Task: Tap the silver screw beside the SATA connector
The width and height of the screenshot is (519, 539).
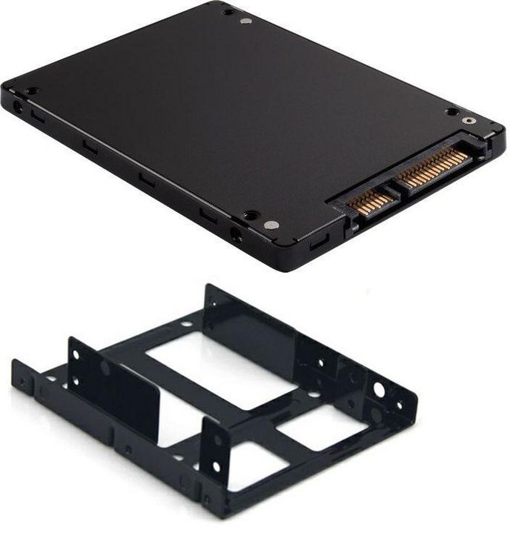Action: click(467, 120)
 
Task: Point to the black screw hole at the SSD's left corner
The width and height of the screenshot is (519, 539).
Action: click(31, 91)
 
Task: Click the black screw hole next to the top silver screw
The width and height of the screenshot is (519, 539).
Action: click(228, 12)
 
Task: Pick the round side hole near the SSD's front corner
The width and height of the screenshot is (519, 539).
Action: click(237, 236)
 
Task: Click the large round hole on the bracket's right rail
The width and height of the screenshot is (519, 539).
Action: click(379, 388)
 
